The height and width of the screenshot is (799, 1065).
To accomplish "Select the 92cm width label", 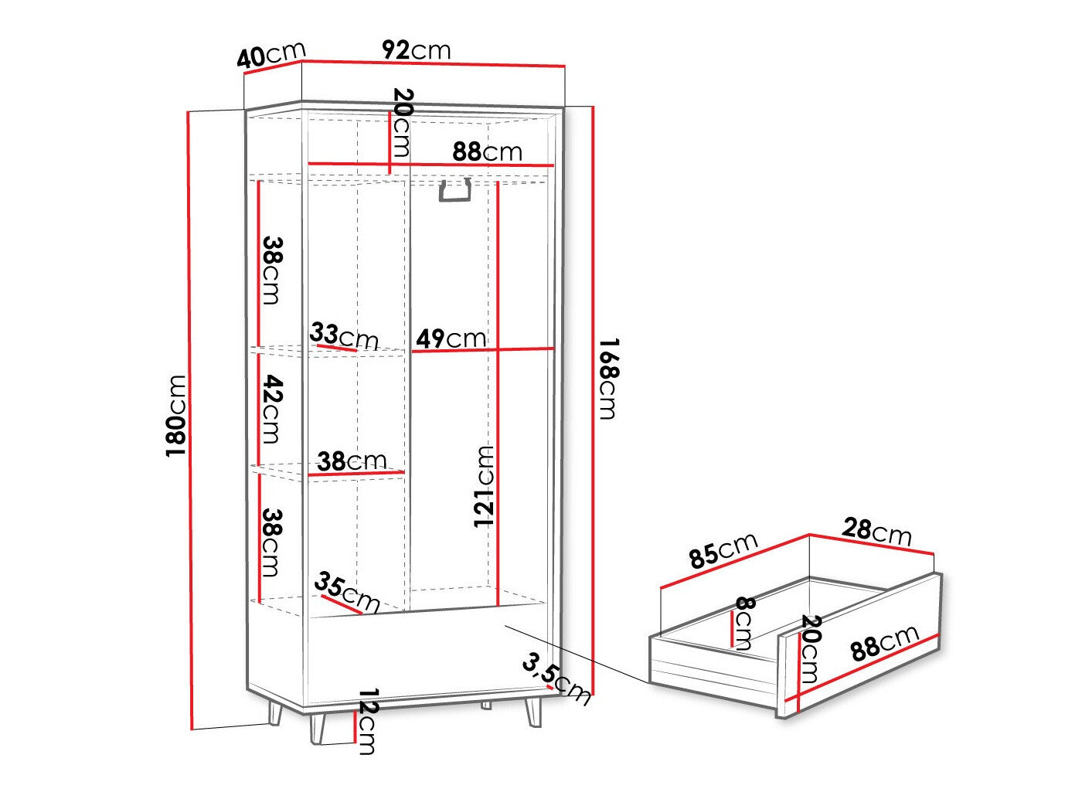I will [416, 50].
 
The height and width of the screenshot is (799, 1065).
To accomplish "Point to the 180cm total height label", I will [178, 416].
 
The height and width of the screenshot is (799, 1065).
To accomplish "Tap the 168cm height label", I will [608, 379].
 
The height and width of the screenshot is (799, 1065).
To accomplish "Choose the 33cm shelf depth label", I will [344, 336].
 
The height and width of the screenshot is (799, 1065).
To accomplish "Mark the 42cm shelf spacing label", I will [271, 409].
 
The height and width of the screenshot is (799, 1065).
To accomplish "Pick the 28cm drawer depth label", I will [876, 531].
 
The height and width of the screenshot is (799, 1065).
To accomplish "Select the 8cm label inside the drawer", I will [743, 623].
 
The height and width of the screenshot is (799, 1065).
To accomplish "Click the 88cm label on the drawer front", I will [885, 643].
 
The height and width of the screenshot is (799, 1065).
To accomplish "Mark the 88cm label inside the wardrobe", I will [487, 151].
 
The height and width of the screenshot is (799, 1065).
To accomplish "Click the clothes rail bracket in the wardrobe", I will [455, 191].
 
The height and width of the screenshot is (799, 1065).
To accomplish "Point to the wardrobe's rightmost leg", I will [534, 710].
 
